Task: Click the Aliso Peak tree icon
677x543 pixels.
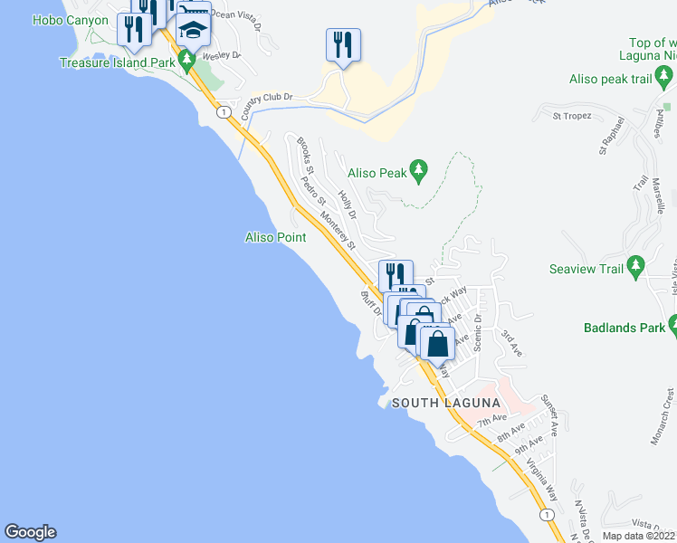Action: (x=418, y=169)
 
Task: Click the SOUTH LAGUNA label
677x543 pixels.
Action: (x=445, y=402)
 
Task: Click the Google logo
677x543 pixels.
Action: (x=30, y=532)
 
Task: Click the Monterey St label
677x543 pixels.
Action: (x=338, y=229)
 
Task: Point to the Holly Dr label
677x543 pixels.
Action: (x=348, y=204)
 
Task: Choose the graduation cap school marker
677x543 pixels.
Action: (x=192, y=32)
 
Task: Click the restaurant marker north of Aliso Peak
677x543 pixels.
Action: (x=343, y=45)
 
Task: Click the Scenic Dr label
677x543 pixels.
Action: (x=479, y=333)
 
